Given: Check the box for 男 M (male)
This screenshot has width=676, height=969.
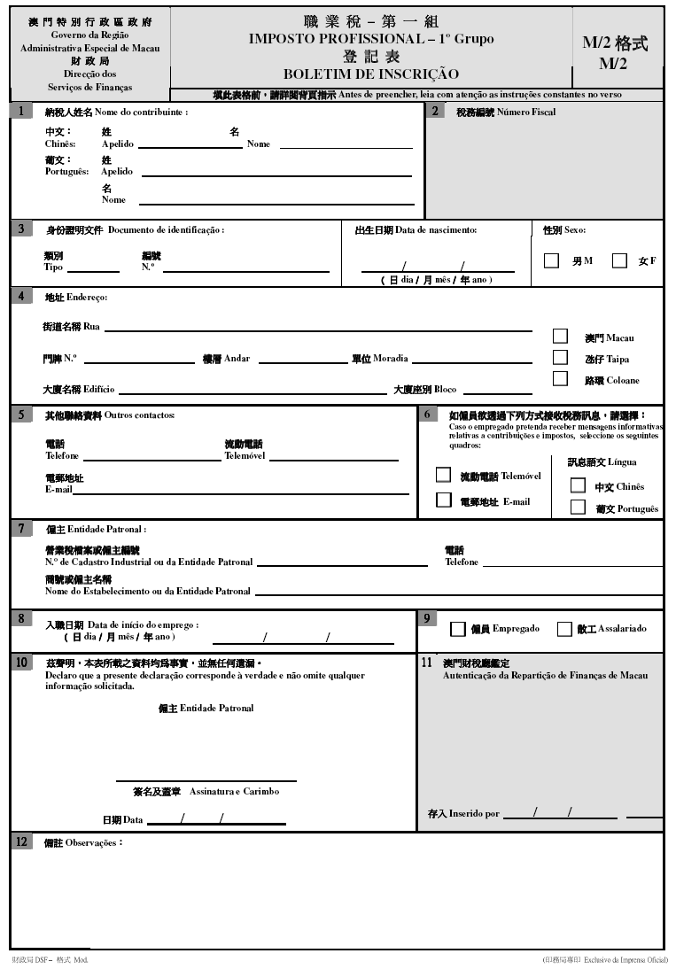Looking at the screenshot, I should (551, 260).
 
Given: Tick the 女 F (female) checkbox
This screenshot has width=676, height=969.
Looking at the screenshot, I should (619, 260).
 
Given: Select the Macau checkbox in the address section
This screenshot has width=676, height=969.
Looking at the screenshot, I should (560, 337).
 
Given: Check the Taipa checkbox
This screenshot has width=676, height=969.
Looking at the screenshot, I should (560, 358).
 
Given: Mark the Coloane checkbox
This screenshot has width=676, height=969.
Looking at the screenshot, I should (560, 379).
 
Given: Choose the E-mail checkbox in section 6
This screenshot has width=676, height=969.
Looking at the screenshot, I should (443, 500).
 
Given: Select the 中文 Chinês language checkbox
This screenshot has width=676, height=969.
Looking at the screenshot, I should (578, 485).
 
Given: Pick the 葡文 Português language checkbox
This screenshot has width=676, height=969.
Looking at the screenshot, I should (578, 508).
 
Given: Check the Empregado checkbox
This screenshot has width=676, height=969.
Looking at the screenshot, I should (458, 629).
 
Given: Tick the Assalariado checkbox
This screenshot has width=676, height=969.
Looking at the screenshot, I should (564, 629).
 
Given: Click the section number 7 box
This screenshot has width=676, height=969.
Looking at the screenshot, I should (20, 529).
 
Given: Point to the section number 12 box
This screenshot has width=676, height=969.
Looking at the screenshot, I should (21, 842).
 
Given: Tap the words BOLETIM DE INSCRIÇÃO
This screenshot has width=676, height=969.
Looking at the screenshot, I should (371, 74).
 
